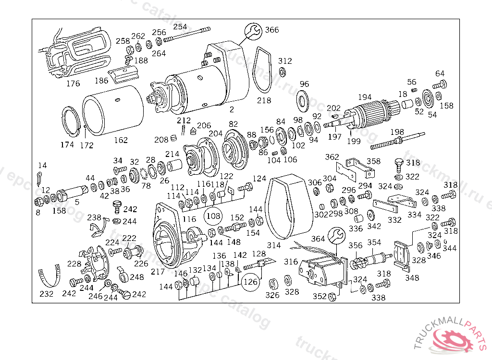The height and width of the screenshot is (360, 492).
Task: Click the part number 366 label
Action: click(271, 30)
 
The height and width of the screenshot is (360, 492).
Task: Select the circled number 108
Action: click(214, 216)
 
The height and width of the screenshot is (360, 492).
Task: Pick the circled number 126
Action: click(251, 282)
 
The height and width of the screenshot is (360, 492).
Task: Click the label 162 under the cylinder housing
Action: click(121, 140)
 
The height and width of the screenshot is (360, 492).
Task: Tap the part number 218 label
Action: click(264, 100)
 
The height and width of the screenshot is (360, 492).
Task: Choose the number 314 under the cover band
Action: click(273, 245)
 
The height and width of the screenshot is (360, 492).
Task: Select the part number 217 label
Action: click(158, 271)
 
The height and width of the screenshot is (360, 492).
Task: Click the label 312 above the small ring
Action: click(285, 61)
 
